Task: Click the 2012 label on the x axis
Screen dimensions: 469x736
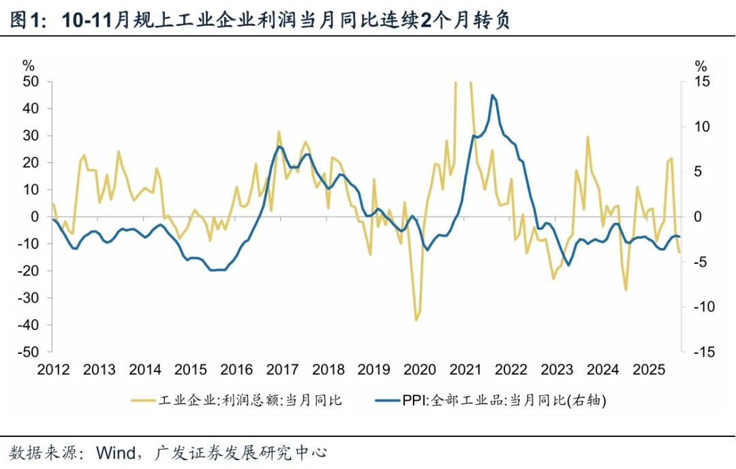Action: pyautogui.click(x=53, y=370)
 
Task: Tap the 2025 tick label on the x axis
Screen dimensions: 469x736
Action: pyautogui.click(x=649, y=370)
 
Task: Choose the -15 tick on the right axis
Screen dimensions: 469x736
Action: pyautogui.click(x=703, y=352)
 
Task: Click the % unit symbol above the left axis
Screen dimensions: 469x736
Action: pyautogui.click(x=28, y=66)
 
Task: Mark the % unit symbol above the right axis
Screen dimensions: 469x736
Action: pyautogui.click(x=701, y=66)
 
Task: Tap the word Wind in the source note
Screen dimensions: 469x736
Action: pyautogui.click(x=121, y=452)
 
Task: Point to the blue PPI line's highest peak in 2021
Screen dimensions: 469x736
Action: pyautogui.click(x=493, y=95)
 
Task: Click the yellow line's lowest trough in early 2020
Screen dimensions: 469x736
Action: pyautogui.click(x=416, y=320)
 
